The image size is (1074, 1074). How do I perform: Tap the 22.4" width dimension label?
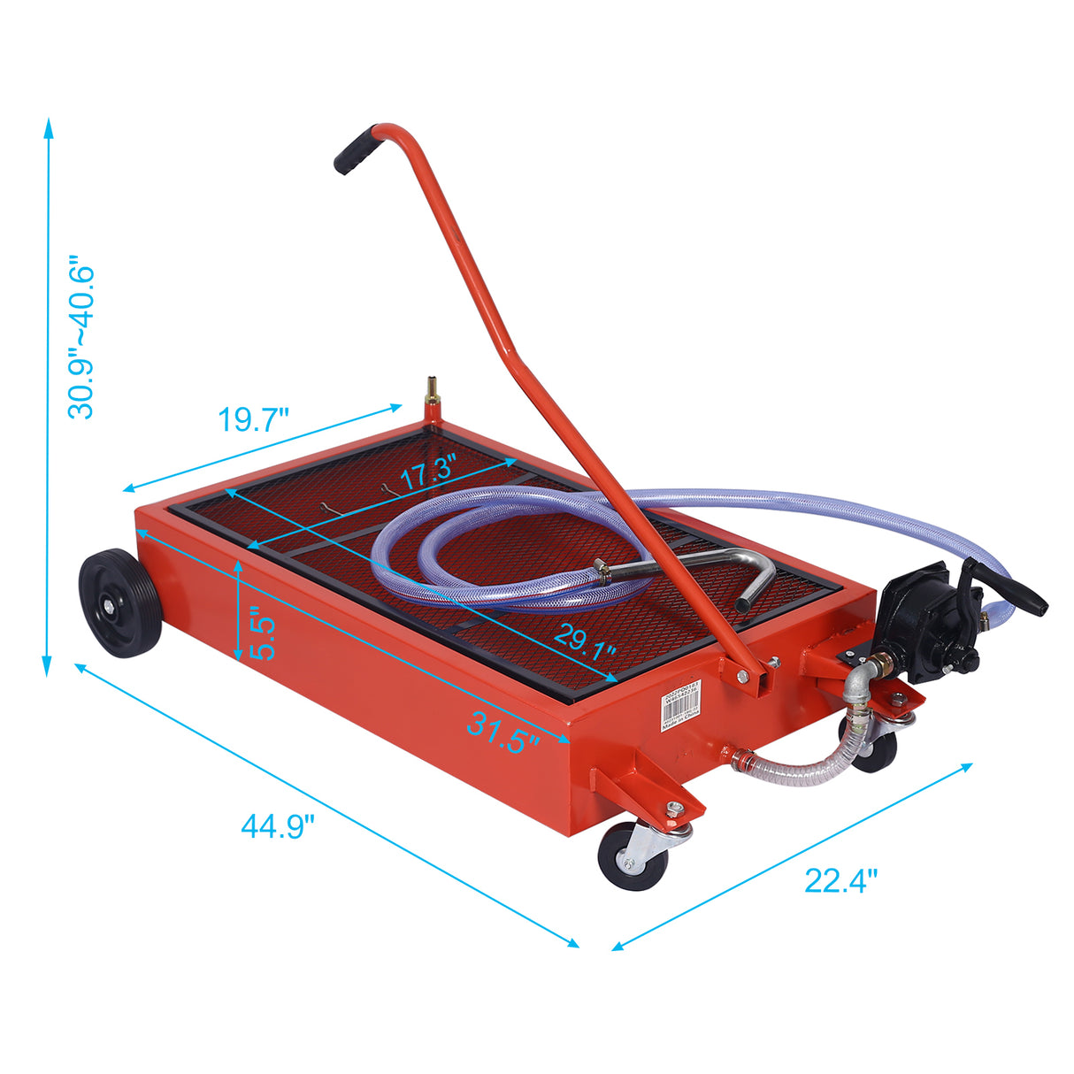[x=840, y=880]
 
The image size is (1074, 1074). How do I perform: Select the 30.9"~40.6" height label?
[x=82, y=339]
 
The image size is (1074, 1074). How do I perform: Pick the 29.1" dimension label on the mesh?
[x=584, y=640]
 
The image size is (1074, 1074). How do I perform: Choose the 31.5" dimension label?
[x=502, y=733]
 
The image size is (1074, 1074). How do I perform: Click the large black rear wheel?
[x=119, y=602]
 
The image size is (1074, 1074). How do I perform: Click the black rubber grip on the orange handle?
[x=355, y=151]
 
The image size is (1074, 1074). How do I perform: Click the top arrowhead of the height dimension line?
[x=48, y=127]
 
